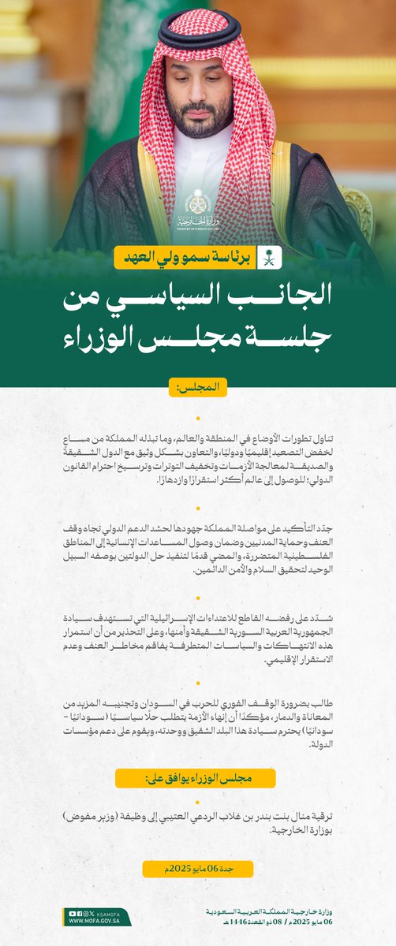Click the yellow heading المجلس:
[198, 388]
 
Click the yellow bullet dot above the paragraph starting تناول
[198, 419]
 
